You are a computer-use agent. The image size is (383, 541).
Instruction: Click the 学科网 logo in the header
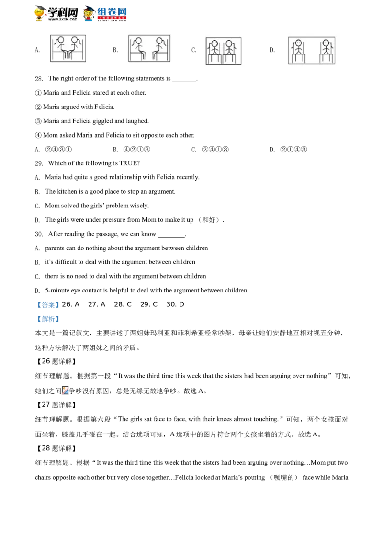click(x=56, y=13)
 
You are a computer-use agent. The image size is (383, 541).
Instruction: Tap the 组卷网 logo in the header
click(x=105, y=13)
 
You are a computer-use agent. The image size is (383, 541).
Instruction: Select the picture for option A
click(x=68, y=48)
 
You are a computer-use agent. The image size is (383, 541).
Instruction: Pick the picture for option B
click(x=149, y=48)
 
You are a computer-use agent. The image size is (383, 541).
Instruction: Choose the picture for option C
click(x=224, y=51)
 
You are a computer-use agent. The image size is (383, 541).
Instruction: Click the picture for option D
click(x=312, y=50)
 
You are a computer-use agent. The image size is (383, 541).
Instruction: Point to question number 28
click(x=39, y=79)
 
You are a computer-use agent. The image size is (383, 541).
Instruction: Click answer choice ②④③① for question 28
click(x=58, y=150)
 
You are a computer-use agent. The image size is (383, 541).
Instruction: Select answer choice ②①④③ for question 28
click(x=293, y=150)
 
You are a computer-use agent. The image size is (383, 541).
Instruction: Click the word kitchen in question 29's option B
click(x=68, y=192)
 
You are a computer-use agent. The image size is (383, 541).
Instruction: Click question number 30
click(x=39, y=234)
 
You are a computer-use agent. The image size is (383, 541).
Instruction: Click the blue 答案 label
click(x=48, y=304)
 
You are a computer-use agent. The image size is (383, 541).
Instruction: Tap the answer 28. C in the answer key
click(x=123, y=304)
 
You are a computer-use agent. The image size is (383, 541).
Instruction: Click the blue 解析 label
click(x=48, y=319)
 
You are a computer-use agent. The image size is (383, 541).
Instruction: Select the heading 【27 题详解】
click(x=56, y=405)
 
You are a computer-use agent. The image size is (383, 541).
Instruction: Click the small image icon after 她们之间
click(x=66, y=390)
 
